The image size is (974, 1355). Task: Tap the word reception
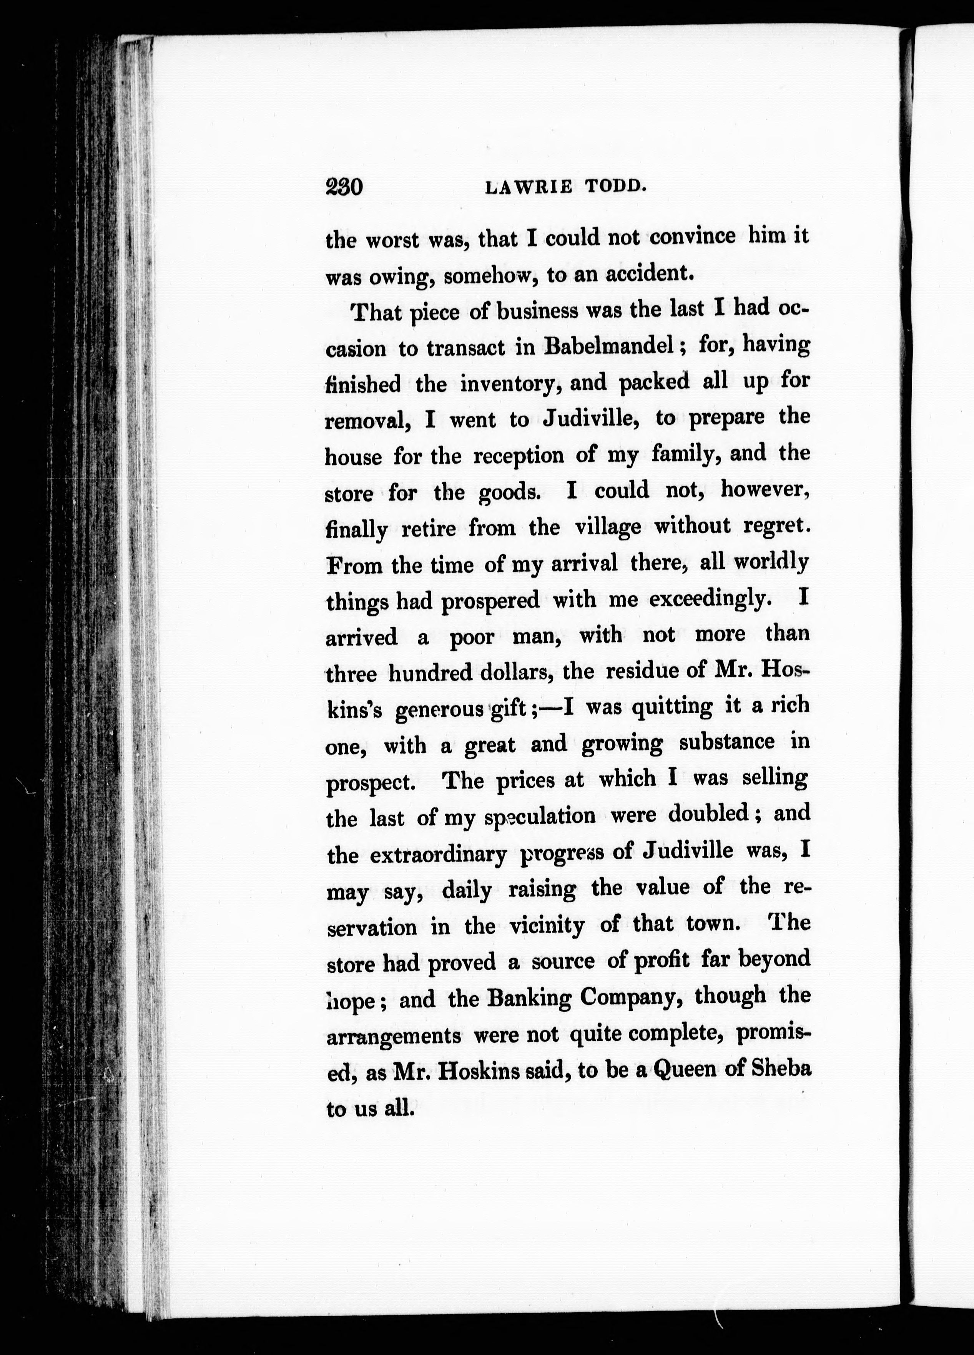point(518,456)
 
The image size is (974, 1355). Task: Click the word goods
point(514,493)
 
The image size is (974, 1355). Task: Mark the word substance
point(726,743)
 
